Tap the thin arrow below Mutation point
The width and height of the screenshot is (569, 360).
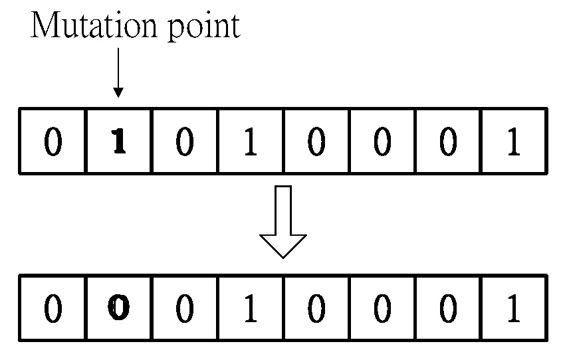click(118, 74)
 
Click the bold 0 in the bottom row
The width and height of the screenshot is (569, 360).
click(118, 310)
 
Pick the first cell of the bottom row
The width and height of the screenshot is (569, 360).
click(53, 310)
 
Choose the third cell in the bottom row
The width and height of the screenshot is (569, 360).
click(184, 310)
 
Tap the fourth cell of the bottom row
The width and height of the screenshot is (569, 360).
click(250, 310)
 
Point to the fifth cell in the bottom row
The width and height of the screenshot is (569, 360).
click(316, 310)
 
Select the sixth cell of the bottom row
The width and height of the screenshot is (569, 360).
click(382, 310)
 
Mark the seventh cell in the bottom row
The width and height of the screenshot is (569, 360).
click(447, 310)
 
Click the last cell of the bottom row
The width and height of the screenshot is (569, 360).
click(513, 310)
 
